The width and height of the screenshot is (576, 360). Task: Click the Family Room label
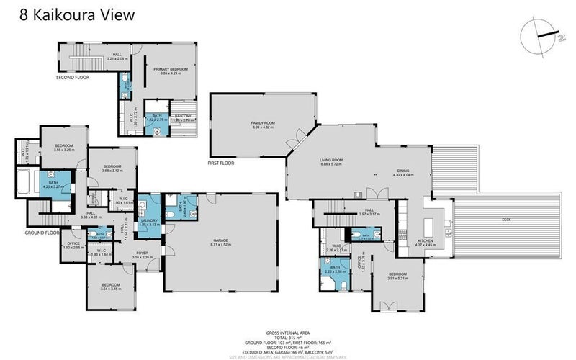[x=263, y=125]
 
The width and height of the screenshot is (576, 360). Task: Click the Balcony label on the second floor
[x=183, y=117]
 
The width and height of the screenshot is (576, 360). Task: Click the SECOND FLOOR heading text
[x=73, y=76]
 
